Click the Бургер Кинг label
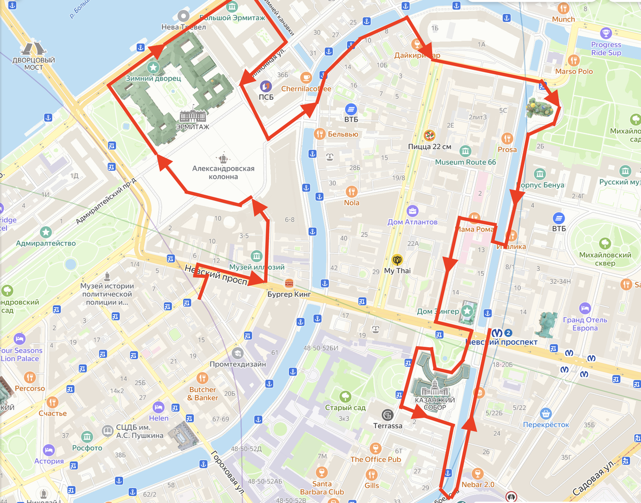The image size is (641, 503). pos(288,294)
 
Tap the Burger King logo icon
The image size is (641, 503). pos(289,283)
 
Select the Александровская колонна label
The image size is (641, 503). pos(223,172)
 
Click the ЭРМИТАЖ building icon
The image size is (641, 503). pos(192,116)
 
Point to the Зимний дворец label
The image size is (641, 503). pos(153,78)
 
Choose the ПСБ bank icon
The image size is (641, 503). pos(265,86)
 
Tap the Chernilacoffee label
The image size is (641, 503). pos(306,89)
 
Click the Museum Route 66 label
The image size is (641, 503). pos(465,162)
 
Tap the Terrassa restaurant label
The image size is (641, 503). pos(388,426)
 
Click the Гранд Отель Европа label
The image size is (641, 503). pos(585,324)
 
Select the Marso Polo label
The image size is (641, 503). pos(574,71)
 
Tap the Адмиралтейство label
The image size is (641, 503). pos(46,243)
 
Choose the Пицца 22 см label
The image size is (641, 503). pos(429,147)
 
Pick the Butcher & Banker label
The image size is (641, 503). pos(202,394)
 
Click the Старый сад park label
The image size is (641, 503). pos(345,408)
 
